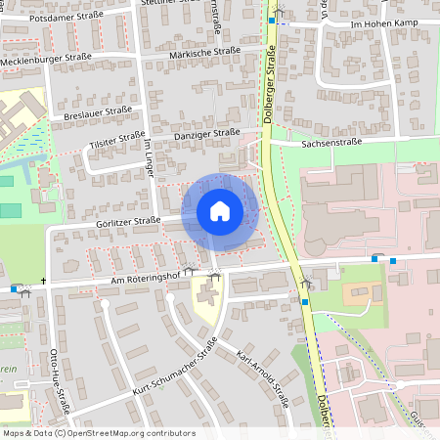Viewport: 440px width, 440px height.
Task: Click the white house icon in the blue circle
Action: [x=220, y=210]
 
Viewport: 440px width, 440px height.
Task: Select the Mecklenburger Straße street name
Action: [x=46, y=57]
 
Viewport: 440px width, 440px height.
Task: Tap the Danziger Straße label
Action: [x=206, y=132]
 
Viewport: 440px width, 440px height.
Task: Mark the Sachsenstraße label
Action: [x=331, y=142]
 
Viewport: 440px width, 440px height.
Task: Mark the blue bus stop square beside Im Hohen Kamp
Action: [x=272, y=19]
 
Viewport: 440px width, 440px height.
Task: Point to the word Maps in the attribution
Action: [x=15, y=432]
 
